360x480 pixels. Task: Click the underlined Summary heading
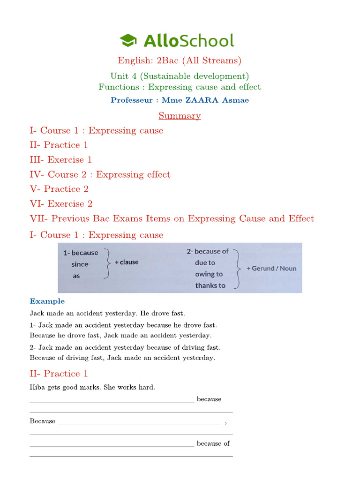180,116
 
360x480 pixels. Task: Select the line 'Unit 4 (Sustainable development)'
180,76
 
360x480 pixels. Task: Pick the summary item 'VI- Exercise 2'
61,204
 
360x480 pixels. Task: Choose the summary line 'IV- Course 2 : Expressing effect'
100,174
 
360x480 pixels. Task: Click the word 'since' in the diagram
80,264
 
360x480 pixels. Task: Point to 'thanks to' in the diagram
210,285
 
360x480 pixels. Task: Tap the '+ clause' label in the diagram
127,262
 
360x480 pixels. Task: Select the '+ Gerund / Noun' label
271,269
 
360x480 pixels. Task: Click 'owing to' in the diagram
209,274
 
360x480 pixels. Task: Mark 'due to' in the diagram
205,263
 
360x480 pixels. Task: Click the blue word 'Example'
47,301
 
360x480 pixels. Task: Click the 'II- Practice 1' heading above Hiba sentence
59,374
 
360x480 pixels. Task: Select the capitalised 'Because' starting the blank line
43,421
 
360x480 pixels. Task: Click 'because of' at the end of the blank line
213,443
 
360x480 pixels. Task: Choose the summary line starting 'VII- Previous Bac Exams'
172,218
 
